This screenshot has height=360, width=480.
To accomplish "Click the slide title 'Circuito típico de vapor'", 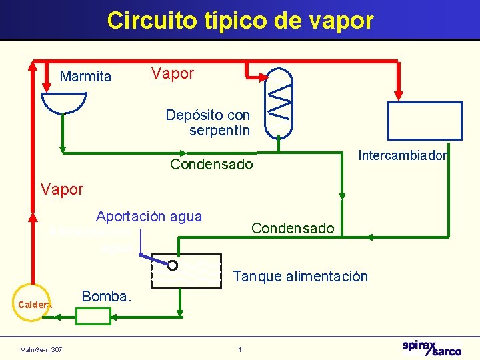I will (240, 20).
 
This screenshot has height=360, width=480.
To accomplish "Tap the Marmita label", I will (86, 77).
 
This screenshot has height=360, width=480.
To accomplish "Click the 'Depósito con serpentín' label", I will (209, 123).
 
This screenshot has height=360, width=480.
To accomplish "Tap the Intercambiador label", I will (403, 156).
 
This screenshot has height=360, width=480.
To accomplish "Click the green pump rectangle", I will (93, 316).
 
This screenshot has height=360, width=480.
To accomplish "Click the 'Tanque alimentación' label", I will (300, 276).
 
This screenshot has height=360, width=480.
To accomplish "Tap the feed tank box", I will (186, 271).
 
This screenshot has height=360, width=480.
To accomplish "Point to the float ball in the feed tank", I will (173, 265).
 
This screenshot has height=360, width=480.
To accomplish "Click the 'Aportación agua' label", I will (149, 216).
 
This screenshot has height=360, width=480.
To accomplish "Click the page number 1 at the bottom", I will (240, 350).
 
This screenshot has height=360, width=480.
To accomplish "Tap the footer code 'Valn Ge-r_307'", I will (41, 350).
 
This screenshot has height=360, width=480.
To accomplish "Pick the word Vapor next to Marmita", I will (172, 74).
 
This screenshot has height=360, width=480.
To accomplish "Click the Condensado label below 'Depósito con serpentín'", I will (211, 164).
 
